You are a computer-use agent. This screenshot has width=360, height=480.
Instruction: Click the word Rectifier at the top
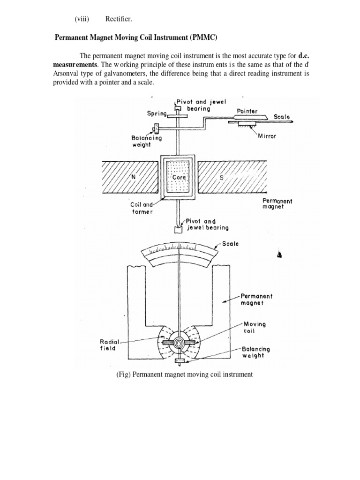tap(119, 19)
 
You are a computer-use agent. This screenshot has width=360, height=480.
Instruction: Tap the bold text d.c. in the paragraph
tap(305, 56)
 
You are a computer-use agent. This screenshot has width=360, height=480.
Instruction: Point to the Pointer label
tap(247, 111)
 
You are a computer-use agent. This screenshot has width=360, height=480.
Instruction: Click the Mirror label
tap(268, 136)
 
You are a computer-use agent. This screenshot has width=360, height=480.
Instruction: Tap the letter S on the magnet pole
tap(222, 178)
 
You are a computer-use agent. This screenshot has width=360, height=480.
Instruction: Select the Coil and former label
tap(142, 208)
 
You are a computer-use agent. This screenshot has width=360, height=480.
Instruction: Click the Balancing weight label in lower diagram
tap(256, 352)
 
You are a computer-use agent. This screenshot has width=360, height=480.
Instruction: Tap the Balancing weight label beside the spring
tap(146, 142)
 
